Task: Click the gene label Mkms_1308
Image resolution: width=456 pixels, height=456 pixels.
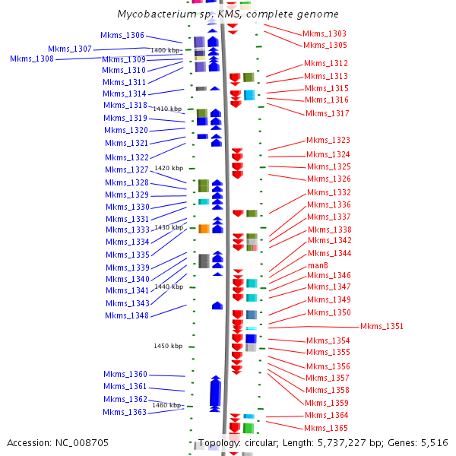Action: click(x=32, y=59)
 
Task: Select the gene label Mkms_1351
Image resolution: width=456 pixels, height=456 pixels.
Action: click(x=382, y=327)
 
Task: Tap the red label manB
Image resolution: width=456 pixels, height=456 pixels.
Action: click(x=318, y=265)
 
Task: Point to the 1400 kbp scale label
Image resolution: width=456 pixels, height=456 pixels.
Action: click(x=166, y=50)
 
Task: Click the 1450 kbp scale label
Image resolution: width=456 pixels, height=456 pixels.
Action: click(x=168, y=346)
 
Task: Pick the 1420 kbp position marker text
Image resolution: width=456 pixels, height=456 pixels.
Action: click(x=169, y=168)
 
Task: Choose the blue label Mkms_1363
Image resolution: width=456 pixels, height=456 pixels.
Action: click(x=125, y=412)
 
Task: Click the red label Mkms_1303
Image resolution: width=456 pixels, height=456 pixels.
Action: click(x=325, y=33)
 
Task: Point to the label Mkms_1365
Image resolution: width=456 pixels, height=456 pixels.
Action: click(x=327, y=428)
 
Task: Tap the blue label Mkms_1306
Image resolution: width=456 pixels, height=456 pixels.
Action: click(x=122, y=35)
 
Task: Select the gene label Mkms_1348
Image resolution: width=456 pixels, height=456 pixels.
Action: click(x=127, y=315)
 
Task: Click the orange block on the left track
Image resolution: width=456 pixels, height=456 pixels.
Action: click(x=204, y=229)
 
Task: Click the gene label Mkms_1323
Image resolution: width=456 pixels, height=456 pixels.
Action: click(x=328, y=140)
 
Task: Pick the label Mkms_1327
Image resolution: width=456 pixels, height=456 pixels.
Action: click(x=127, y=169)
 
